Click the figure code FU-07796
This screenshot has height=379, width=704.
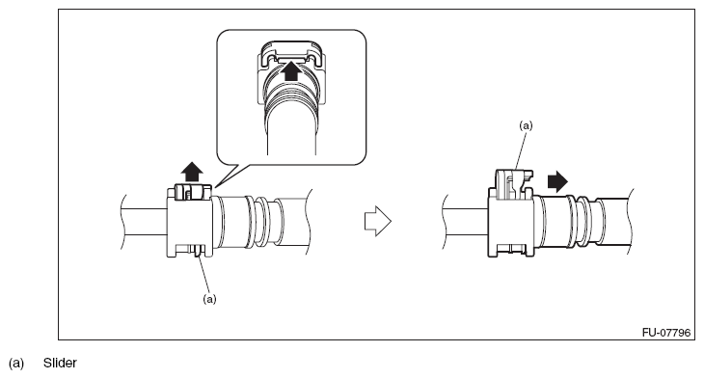[665, 333]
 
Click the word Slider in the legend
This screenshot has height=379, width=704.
[60, 363]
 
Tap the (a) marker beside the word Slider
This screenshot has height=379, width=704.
[16, 364]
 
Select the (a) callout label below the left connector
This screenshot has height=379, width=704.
[209, 299]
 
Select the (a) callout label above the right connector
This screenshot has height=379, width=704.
[526, 125]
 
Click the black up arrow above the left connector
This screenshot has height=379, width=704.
[192, 172]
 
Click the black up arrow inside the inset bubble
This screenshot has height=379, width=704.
[292, 71]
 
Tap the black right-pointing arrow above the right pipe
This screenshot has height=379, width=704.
[557, 182]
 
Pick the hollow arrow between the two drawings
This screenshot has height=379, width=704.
[378, 221]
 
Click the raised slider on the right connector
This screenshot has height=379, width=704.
[514, 183]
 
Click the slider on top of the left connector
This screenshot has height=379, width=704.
[193, 191]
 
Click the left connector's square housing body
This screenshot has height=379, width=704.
[189, 222]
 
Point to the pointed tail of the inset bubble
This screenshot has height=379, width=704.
[216, 187]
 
